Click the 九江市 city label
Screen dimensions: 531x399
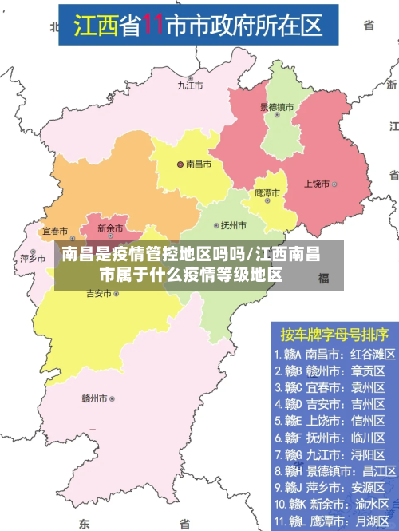[191, 85]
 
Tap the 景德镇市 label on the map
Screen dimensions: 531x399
[276, 106]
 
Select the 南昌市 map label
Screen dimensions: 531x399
[199, 164]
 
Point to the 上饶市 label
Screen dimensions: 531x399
[316, 184]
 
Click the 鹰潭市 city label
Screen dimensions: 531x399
[267, 193]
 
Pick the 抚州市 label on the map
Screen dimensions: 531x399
[234, 225]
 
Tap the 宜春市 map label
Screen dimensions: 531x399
[54, 231]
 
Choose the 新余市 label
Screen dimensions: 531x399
[110, 228]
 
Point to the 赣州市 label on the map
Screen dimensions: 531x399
[94, 398]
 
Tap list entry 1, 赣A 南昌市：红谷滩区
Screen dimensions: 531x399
[329, 354]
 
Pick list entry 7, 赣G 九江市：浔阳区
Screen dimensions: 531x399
[329, 454]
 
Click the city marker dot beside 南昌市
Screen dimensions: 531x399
[180, 164]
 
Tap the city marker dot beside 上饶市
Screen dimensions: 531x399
[335, 184]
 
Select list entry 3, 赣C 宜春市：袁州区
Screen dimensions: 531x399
[329, 387]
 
